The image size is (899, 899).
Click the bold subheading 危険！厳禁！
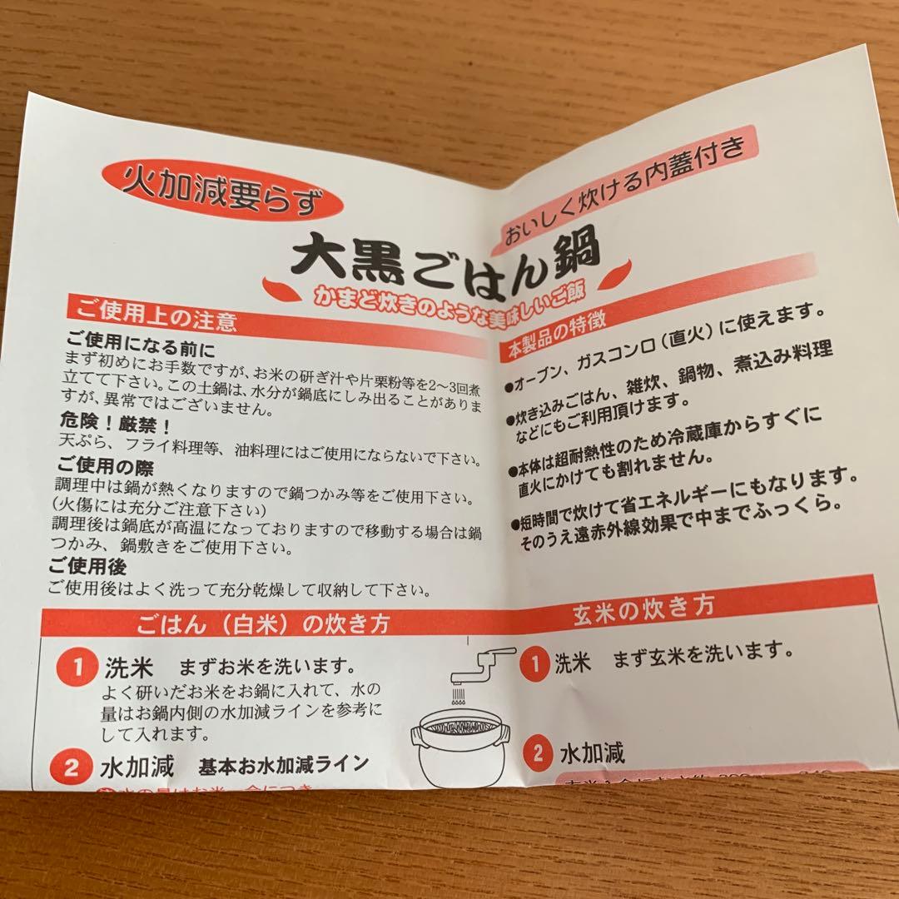[117, 425]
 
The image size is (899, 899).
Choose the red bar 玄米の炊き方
[643, 606]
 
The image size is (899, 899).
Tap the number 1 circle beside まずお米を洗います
[77, 668]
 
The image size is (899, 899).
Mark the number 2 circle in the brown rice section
[539, 753]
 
